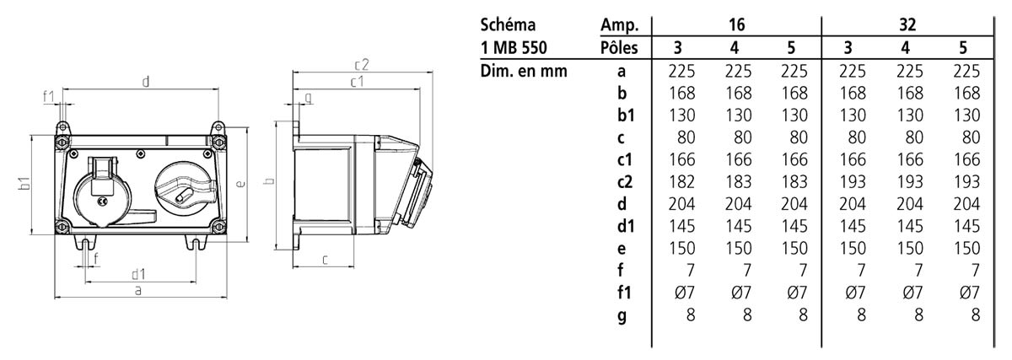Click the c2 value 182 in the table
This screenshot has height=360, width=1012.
click(681, 181)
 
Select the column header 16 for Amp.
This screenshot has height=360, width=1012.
click(736, 24)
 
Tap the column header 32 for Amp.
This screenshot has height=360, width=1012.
click(907, 24)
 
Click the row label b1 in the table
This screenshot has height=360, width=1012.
click(626, 116)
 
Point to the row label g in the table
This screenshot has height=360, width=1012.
click(622, 316)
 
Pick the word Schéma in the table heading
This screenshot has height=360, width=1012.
click(508, 24)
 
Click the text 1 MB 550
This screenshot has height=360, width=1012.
click(514, 47)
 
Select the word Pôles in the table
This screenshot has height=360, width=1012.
click(619, 47)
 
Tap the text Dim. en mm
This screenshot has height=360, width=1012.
click(524, 71)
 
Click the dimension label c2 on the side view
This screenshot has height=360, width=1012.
click(362, 65)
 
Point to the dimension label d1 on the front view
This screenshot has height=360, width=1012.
click(138, 274)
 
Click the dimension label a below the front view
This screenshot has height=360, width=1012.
click(138, 290)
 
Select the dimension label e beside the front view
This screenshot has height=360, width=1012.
click(241, 184)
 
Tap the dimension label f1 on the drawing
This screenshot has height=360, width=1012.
click(48, 97)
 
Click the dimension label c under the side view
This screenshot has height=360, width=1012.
click(325, 260)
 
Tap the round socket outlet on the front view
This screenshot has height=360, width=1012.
click(103, 192)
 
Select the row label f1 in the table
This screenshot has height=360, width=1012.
click(624, 293)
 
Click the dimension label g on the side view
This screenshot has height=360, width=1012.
click(308, 98)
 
